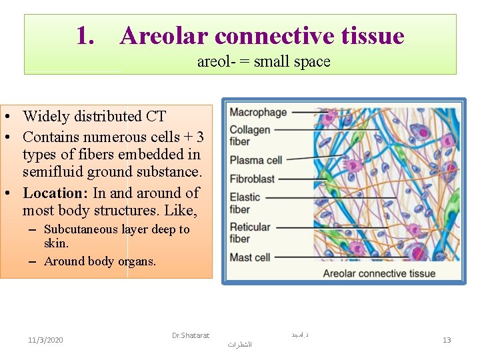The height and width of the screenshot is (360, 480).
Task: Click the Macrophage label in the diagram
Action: pyautogui.click(x=258, y=113)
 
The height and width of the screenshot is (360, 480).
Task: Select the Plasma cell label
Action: pyautogui.click(x=256, y=160)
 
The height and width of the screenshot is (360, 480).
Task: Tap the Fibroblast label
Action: pyautogui.click(x=252, y=179)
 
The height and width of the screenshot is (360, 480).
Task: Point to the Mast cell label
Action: pyautogui.click(x=251, y=257)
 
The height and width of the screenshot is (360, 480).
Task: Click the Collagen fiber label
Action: pyautogui.click(x=250, y=135)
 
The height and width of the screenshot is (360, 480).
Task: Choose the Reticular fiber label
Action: pyautogui.click(x=249, y=233)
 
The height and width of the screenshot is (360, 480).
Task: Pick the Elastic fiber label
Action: pyautogui.click(x=245, y=203)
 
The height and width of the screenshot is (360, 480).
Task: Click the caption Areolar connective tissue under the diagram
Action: pyautogui.click(x=379, y=273)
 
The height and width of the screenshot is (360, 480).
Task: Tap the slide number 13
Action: pyautogui.click(x=447, y=340)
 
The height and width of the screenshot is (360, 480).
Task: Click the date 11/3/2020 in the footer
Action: pyautogui.click(x=46, y=340)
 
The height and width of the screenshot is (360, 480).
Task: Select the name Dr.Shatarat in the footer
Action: pyautogui.click(x=190, y=335)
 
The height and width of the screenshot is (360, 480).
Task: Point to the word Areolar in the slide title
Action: pyautogui.click(x=164, y=36)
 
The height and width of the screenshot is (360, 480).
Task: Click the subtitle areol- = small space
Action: pyautogui.click(x=263, y=62)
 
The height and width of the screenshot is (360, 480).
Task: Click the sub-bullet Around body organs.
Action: pyautogui.click(x=100, y=261)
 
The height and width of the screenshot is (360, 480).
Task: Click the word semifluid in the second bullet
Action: pyautogui.click(x=53, y=172)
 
